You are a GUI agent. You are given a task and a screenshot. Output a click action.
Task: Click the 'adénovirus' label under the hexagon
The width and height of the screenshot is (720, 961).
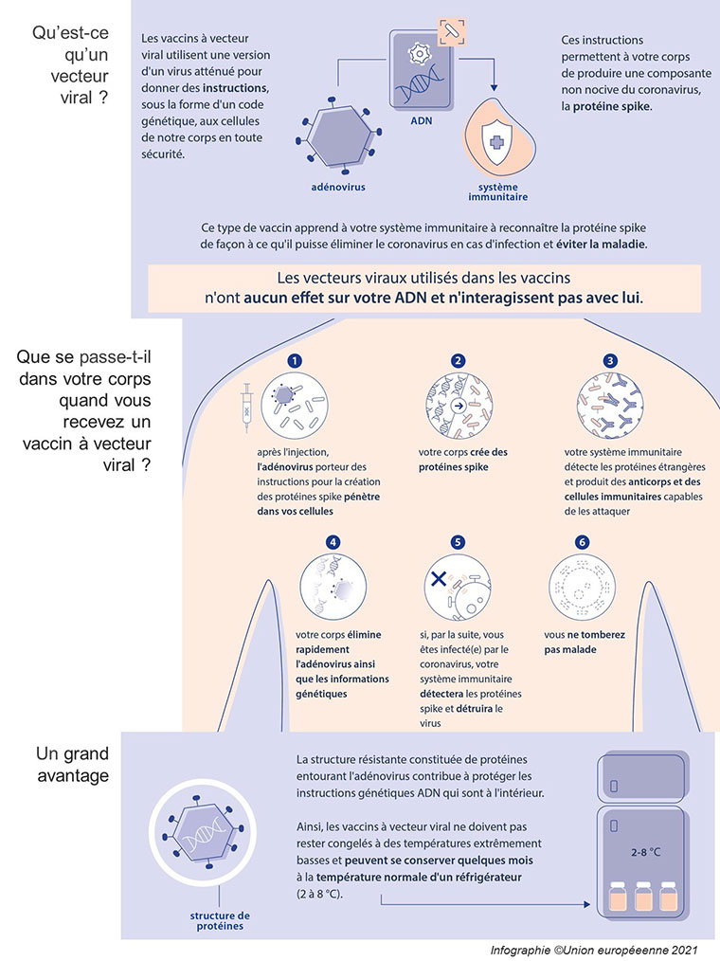coord(337,188)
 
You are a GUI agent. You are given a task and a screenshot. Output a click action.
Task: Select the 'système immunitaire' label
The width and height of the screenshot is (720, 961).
coord(497,192)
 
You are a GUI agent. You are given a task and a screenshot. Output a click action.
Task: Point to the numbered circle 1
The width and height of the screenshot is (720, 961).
coord(295,361)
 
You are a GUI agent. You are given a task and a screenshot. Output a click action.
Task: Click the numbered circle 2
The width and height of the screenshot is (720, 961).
coord(459,361)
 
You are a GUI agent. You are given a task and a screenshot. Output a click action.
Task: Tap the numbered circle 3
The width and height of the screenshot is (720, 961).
coord(610,361)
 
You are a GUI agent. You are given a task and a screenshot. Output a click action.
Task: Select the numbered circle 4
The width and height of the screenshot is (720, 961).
coord(333,542)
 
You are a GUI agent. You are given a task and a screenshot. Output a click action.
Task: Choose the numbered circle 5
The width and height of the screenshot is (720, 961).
coord(459,542)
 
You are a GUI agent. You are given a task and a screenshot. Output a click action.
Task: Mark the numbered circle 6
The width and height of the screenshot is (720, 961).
coord(583,542)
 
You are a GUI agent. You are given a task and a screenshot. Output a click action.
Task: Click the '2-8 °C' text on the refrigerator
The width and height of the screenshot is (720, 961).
coord(645,852)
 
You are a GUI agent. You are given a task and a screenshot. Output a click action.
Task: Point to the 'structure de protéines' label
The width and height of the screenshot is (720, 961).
coord(219,920)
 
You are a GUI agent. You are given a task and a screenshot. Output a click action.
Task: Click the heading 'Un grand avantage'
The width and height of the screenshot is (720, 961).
coord(73,765)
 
